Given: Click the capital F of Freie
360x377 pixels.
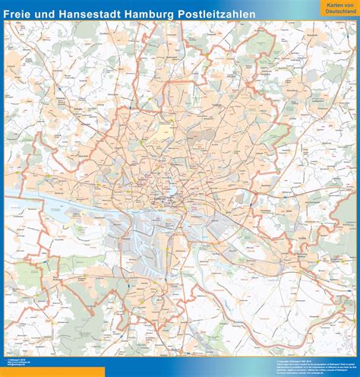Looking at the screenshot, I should [x=7, y=12].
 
